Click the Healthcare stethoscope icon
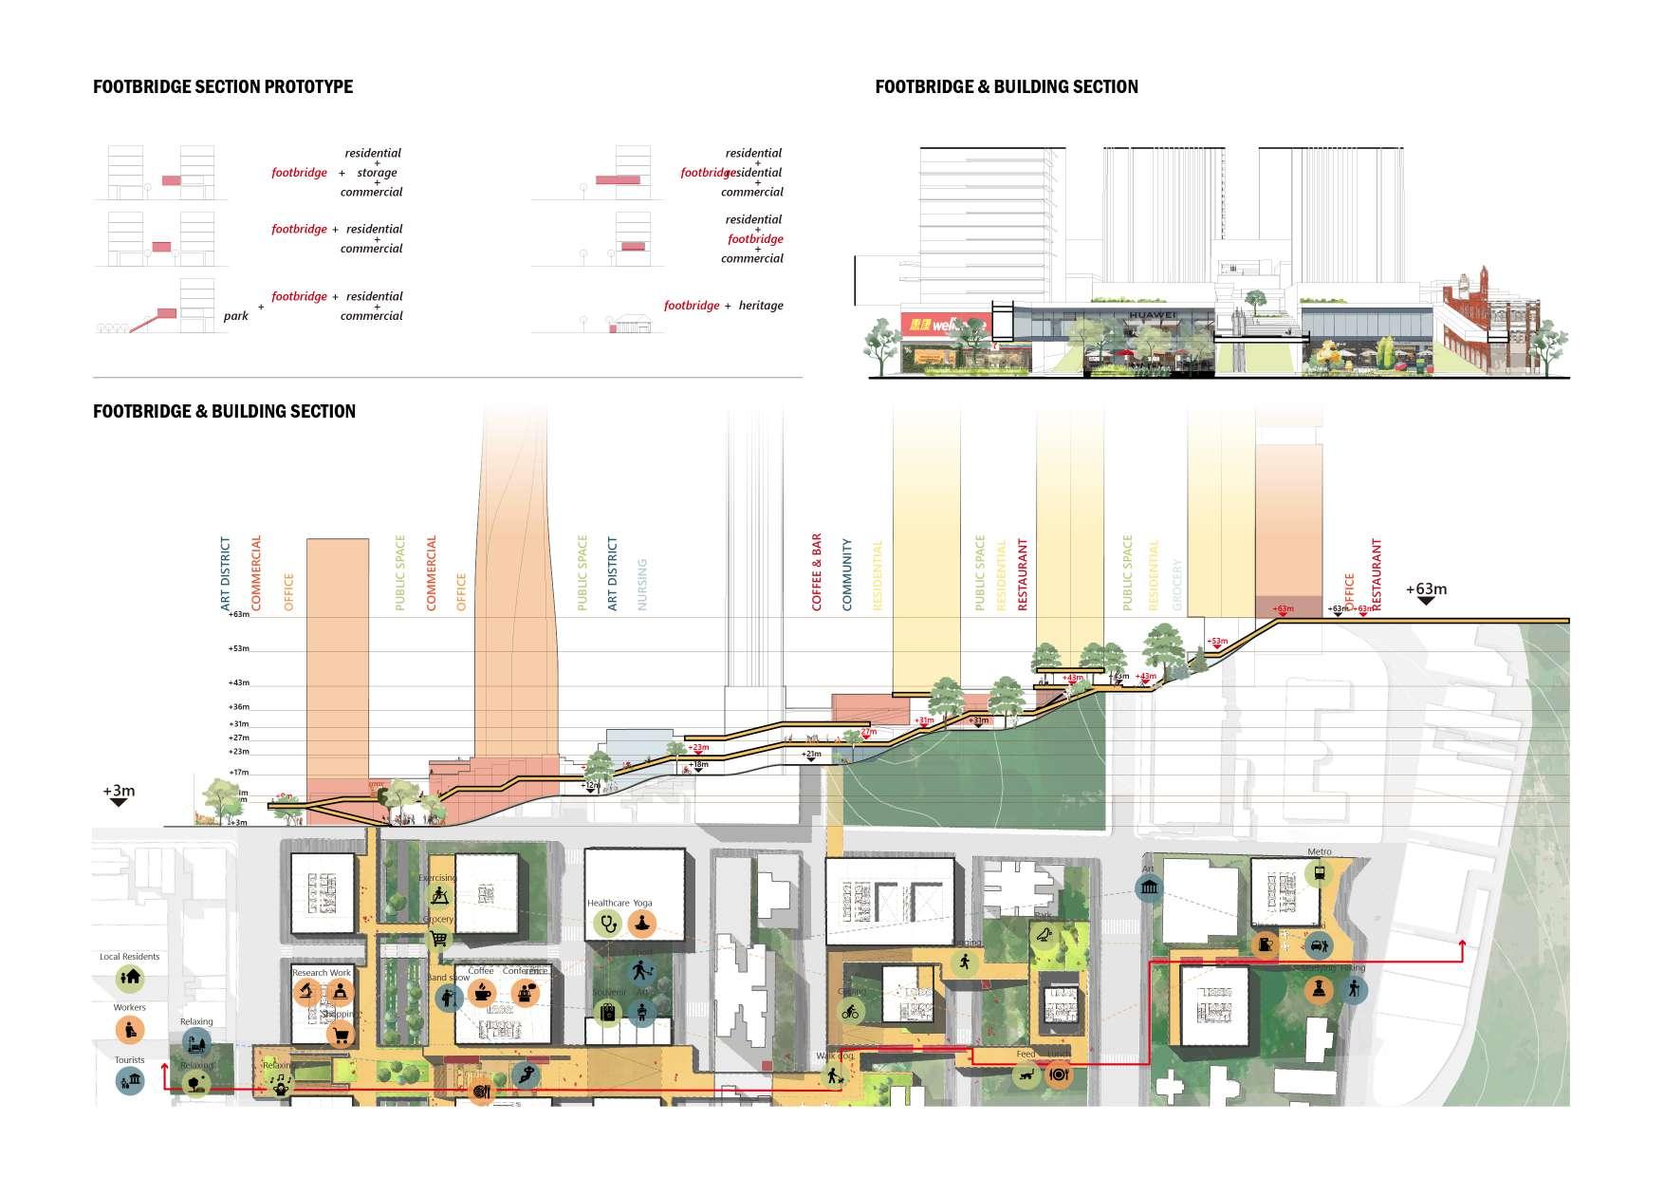coord(607,923)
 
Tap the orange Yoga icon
coord(643,923)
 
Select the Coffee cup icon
coord(481,993)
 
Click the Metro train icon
coord(1319,873)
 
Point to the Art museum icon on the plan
coord(1150,887)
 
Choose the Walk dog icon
coord(834,1076)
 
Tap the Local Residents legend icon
coord(130,978)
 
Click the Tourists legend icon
coord(130,1080)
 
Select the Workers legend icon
coord(130,1029)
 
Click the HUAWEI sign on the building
coord(1152,315)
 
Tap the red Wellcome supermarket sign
coord(934,326)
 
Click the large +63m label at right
coord(1426,589)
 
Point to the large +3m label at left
coord(120,791)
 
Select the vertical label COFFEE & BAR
coord(817,571)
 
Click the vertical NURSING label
coord(642,584)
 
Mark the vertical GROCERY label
coord(1177,584)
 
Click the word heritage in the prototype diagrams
coord(761,306)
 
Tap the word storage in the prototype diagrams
coord(377,173)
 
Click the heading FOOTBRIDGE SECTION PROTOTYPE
coord(223,87)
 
